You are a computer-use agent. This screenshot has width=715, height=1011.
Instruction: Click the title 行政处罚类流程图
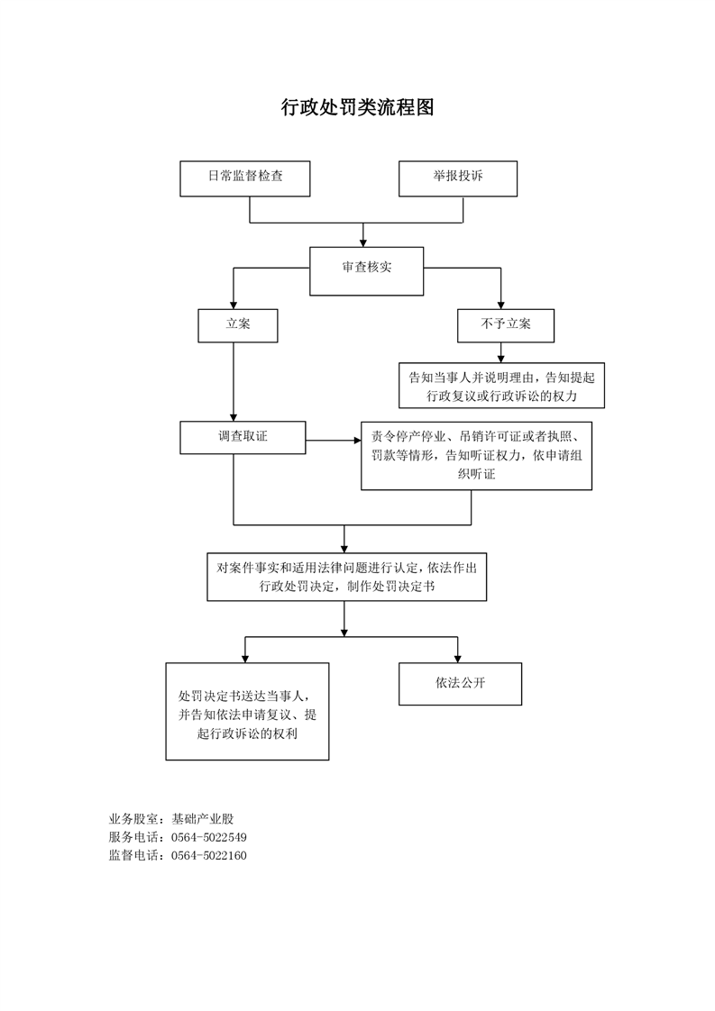357,107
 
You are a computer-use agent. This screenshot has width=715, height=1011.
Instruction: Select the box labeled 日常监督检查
244,178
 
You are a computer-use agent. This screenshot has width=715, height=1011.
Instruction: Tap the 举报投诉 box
457,178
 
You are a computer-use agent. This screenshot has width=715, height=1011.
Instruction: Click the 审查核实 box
367,271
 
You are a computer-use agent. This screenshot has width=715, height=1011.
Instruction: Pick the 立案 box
237,325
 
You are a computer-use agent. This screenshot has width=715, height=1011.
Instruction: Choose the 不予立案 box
505,325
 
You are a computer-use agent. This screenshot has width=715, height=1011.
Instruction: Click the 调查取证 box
243,438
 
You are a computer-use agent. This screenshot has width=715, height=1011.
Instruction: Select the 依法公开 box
460,683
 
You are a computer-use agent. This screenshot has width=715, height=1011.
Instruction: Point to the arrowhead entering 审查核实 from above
363,242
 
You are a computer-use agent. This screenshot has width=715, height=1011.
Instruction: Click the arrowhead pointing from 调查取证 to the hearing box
357,441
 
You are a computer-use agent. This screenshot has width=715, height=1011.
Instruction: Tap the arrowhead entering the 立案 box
234,305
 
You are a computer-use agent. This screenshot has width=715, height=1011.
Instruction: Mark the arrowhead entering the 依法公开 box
457,659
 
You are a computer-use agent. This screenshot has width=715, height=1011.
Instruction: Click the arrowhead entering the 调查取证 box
234,417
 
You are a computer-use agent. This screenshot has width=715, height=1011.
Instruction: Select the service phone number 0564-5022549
208,838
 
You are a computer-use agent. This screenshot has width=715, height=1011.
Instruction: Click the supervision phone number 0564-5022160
208,856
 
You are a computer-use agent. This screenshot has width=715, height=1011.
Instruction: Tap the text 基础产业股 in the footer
203,819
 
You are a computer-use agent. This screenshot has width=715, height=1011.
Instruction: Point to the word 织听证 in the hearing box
476,474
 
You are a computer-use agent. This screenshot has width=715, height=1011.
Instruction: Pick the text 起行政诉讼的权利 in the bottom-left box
247,733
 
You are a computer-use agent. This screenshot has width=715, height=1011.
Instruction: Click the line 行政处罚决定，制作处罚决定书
347,587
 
